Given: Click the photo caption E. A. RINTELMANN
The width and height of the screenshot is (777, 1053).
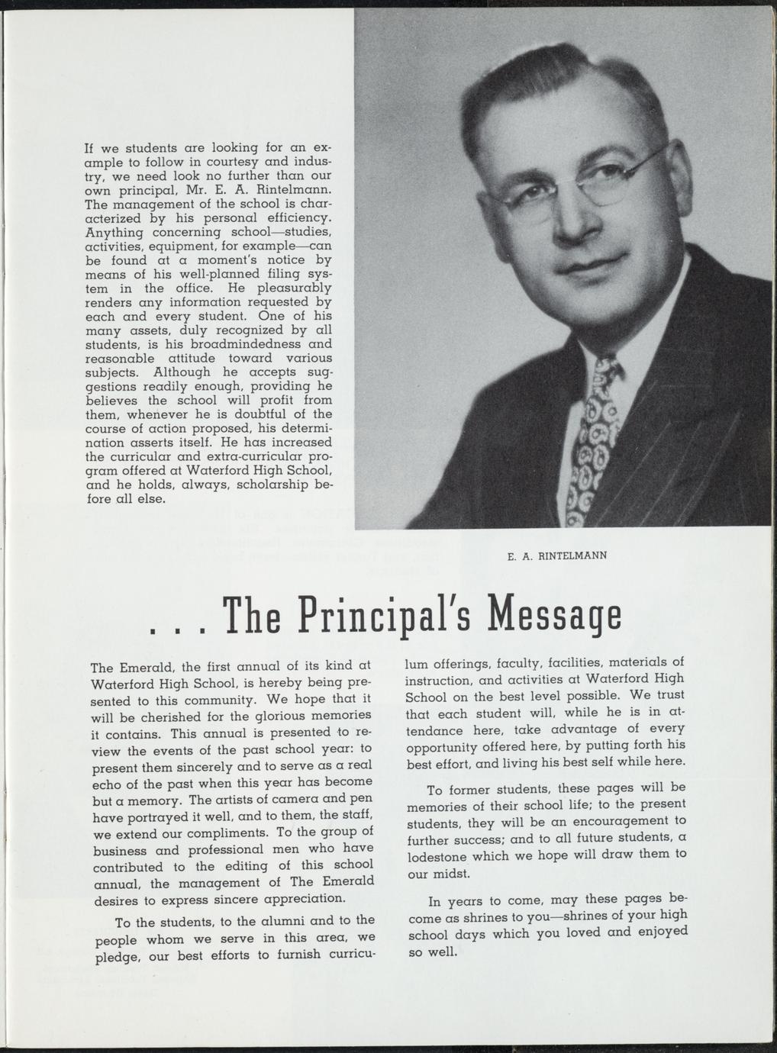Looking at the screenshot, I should [556, 556].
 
